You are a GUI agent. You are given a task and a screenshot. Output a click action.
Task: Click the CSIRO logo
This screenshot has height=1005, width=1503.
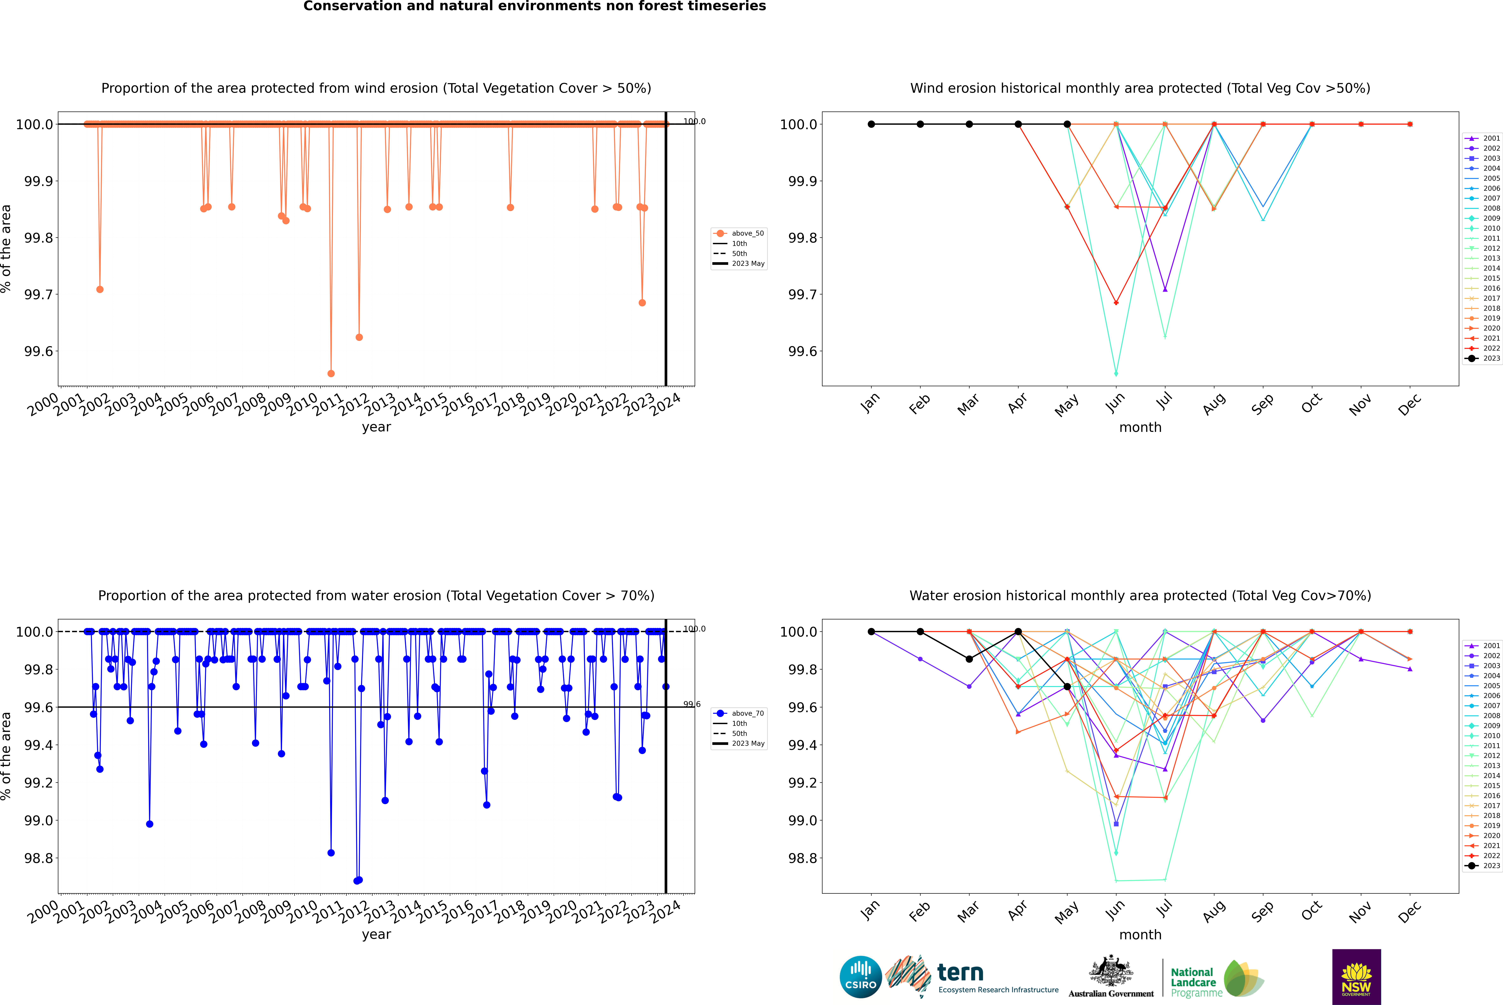pos(860,977)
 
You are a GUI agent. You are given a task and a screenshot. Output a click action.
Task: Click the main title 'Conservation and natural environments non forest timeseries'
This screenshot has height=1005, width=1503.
pos(534,6)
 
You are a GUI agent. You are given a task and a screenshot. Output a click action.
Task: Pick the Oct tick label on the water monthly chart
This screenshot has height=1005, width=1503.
pos(1311,909)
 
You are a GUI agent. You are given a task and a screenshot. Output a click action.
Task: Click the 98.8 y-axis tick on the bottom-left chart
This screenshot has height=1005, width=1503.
pos(38,858)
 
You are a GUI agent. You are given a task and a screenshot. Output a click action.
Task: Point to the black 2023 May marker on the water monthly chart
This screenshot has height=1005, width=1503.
pos(1067,686)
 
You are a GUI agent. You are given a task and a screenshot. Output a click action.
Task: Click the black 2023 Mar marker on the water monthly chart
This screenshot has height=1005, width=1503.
pos(969,659)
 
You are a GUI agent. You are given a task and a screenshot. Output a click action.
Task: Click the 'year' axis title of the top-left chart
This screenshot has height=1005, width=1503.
pos(376,427)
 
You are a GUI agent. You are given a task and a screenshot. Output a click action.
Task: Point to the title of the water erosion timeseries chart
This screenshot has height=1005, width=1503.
pos(376,595)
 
